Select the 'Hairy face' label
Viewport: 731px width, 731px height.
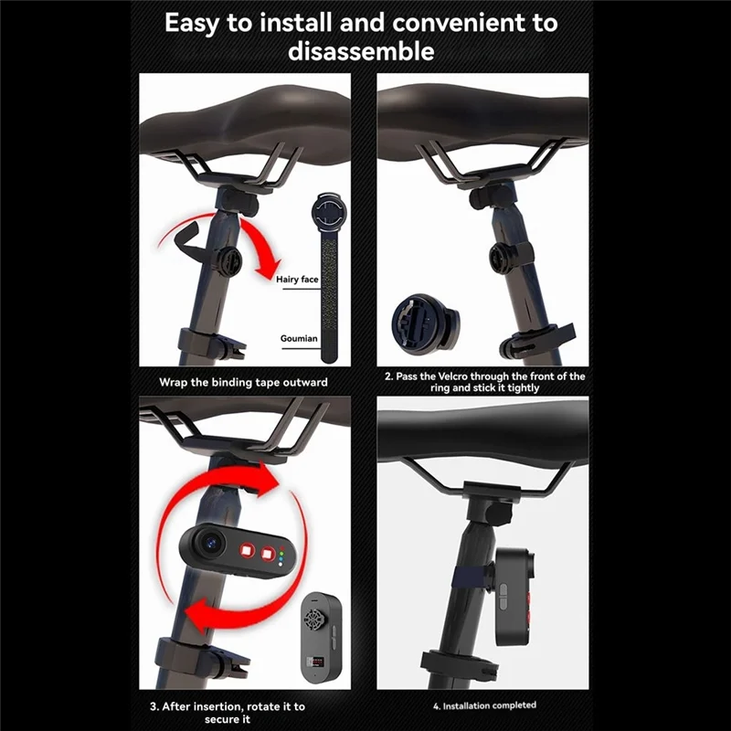coord(296,280)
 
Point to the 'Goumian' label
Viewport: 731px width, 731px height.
coord(298,338)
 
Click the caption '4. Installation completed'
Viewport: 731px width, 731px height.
coord(484,705)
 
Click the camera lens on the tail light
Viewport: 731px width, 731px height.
coord(208,545)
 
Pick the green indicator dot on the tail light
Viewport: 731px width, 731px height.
coord(284,551)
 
